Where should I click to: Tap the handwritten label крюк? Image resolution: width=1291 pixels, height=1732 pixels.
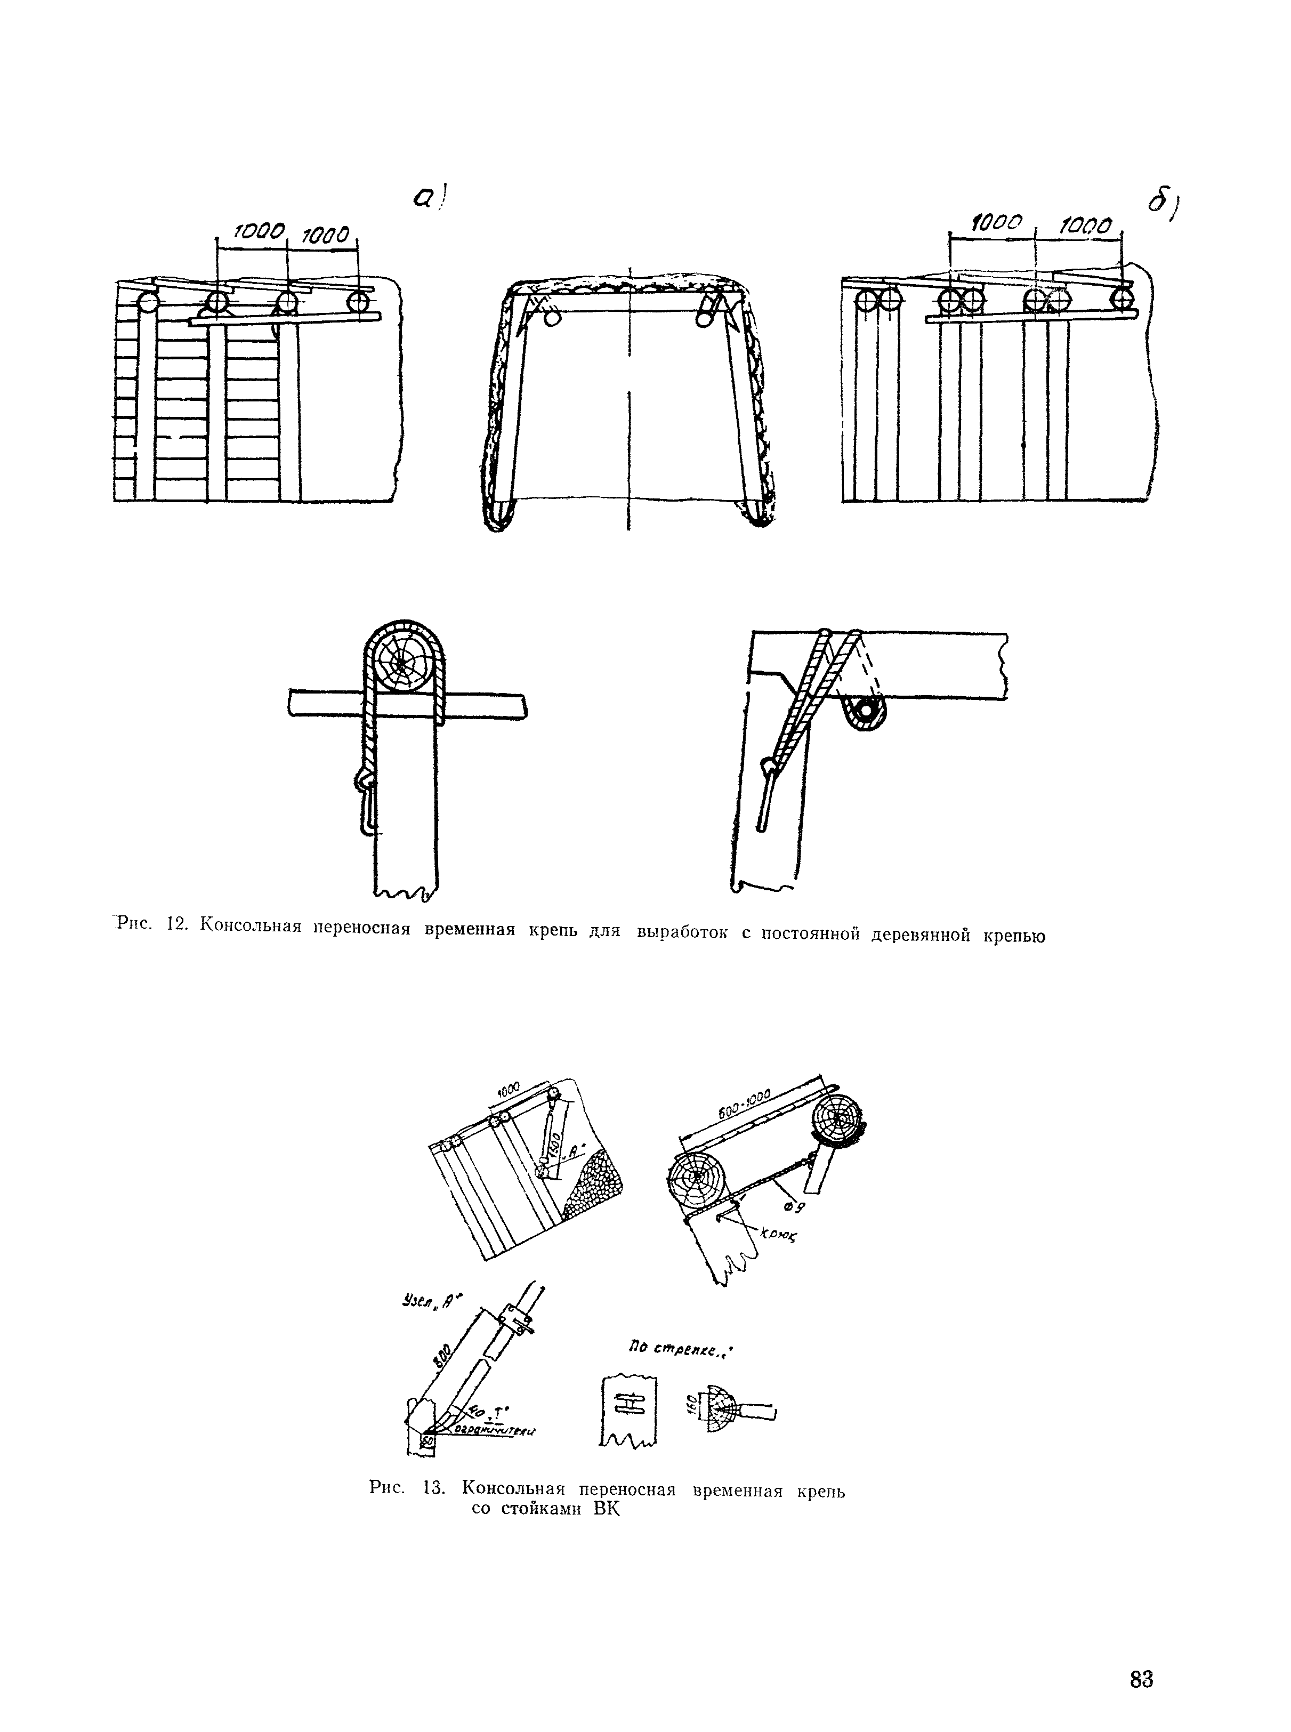(x=776, y=1236)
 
